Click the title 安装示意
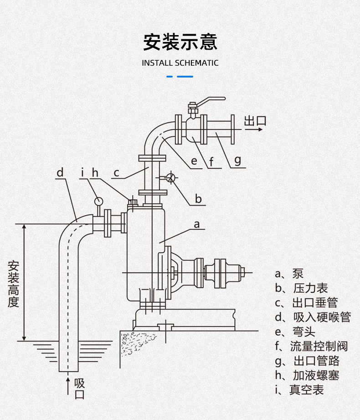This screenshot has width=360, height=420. (x=180, y=41)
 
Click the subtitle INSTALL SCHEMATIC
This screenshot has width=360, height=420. (x=180, y=63)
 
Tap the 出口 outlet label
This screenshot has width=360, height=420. (x=255, y=121)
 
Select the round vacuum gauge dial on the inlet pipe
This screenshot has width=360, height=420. (x=98, y=200)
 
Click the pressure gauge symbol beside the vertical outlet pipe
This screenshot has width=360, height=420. (x=171, y=177)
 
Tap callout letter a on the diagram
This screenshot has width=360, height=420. (x=197, y=224)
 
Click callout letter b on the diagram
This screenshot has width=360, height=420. (x=198, y=199)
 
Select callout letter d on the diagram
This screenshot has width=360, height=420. (x=60, y=172)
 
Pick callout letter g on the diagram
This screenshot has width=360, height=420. (x=237, y=160)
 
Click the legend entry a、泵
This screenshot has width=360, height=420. (x=289, y=274)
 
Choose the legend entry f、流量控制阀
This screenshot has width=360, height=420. (x=311, y=346)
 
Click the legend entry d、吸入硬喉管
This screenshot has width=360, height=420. (x=313, y=317)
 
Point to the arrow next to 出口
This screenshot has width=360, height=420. (x=253, y=130)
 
